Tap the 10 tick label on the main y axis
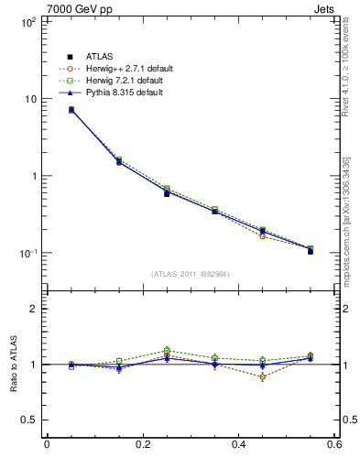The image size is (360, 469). click(x=28, y=99)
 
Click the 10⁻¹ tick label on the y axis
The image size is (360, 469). click(x=28, y=253)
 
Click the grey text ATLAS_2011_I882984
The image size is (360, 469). click(x=190, y=274)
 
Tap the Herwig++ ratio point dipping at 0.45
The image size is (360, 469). click(x=238, y=376)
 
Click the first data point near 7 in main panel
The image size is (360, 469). click(x=71, y=110)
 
